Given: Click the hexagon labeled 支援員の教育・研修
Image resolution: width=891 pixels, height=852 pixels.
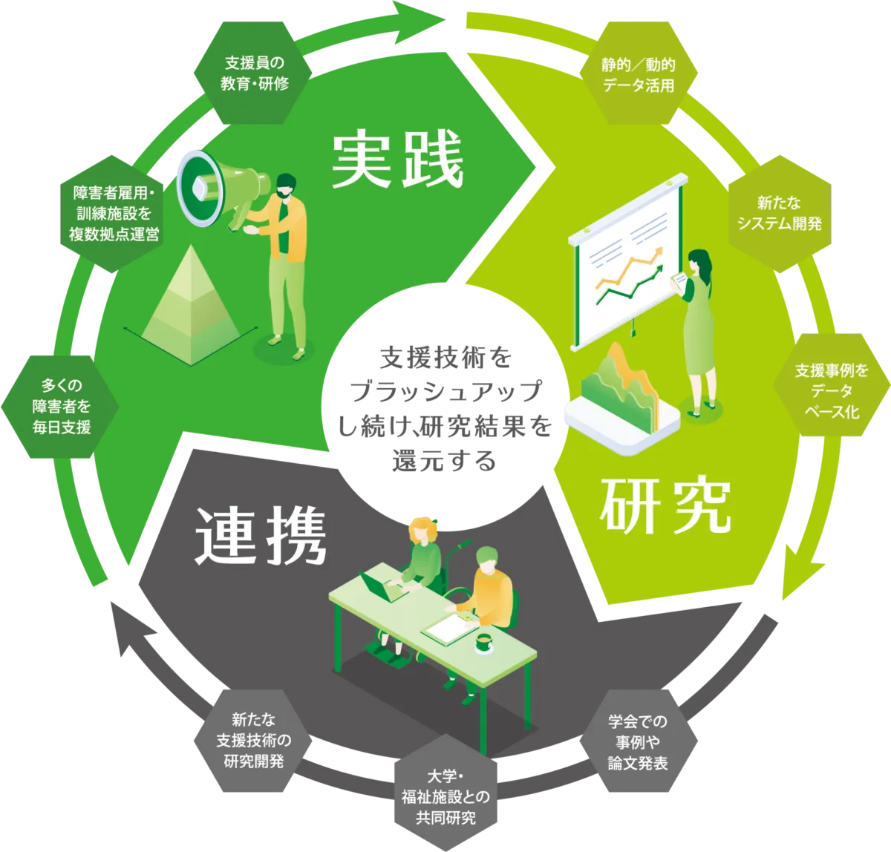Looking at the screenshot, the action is click(252, 73).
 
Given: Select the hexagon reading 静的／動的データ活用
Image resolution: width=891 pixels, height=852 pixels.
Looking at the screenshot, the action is click(639, 73).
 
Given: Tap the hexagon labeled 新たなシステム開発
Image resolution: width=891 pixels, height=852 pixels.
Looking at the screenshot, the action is click(780, 214).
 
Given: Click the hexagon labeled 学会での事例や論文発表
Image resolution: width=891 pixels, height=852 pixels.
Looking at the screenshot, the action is click(639, 741).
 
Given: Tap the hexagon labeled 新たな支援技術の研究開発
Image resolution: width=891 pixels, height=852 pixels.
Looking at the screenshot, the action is click(252, 741).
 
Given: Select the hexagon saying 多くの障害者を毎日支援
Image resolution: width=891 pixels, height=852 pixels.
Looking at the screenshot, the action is click(60, 407).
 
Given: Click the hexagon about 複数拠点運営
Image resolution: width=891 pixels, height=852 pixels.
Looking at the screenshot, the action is click(111, 214).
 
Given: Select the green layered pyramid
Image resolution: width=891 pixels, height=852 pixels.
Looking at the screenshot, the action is click(191, 306).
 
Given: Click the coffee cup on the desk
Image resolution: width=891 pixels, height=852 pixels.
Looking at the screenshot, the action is click(484, 643).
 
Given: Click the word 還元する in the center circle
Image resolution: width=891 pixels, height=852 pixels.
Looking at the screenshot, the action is click(444, 461).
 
